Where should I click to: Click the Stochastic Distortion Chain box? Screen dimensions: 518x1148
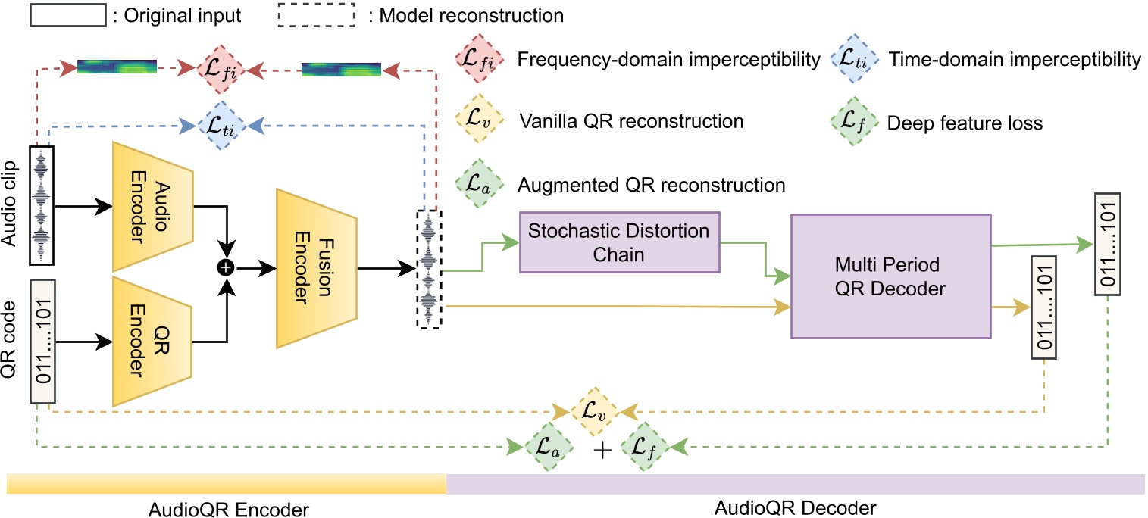(618, 243)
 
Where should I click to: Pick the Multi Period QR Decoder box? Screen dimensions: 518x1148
(890, 276)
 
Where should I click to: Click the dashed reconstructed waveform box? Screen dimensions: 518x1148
(428, 269)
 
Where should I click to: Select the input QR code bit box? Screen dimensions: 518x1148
(42, 342)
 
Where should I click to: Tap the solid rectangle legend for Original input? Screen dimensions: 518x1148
(67, 15)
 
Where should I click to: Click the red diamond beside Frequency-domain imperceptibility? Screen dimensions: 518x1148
(475, 59)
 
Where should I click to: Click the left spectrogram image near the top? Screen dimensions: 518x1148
(117, 67)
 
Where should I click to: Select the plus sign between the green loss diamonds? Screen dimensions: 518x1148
(602, 451)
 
